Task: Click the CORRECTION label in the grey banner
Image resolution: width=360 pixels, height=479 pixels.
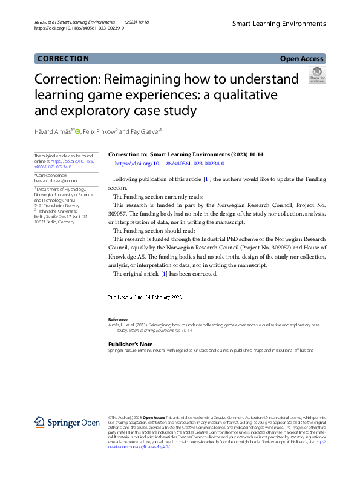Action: (63, 59)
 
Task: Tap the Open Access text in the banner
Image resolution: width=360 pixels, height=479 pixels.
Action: (303, 59)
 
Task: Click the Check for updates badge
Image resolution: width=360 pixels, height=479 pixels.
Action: (316, 75)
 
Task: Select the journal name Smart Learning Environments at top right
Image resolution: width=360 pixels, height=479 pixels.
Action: (279, 24)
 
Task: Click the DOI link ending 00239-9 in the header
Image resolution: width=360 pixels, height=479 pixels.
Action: (79, 28)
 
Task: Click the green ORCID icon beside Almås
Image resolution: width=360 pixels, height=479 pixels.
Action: (77, 131)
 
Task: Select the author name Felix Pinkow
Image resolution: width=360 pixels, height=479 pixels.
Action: (99, 131)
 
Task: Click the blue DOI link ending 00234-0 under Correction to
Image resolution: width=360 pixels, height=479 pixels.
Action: (169, 164)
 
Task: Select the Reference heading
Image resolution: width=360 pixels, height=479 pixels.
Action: (118, 319)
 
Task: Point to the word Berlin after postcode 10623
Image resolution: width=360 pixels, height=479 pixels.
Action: (53, 222)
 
